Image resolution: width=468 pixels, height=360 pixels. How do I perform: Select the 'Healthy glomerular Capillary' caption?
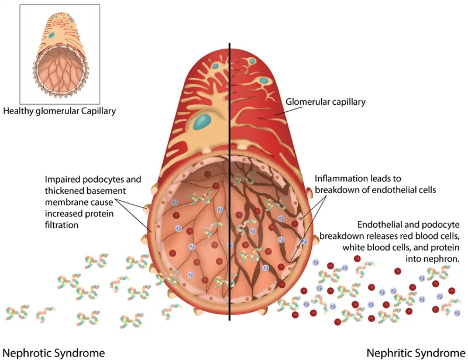coord(60,110)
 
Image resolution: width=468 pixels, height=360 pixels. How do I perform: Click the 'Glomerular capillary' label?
coord(325,102)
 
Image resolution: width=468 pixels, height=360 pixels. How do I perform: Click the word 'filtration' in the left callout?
coord(61,224)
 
